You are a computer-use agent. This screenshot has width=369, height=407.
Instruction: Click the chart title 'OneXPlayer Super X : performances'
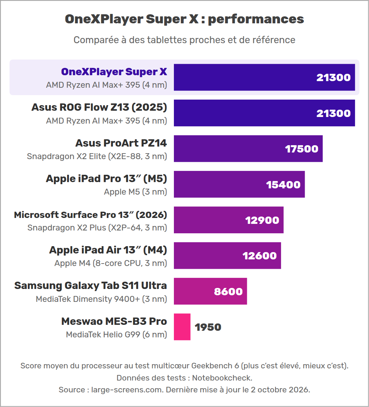(x=184, y=19)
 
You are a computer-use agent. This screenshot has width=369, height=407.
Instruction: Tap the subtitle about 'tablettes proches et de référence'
(x=184, y=40)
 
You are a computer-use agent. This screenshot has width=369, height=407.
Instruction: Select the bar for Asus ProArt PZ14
(x=248, y=148)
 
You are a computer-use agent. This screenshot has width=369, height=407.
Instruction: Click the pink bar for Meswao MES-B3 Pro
(x=182, y=327)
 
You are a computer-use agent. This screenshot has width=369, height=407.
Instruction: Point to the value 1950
(x=208, y=327)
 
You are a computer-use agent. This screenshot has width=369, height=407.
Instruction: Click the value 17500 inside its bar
(x=302, y=149)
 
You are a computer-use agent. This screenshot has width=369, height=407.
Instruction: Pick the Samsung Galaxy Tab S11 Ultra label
(x=90, y=285)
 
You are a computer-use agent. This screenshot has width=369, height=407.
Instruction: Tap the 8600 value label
(x=228, y=291)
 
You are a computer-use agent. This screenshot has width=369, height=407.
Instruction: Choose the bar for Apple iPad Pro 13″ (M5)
(x=239, y=184)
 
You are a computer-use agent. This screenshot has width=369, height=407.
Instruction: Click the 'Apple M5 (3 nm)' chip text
(x=135, y=192)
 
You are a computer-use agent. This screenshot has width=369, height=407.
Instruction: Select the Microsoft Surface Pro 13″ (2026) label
(x=90, y=215)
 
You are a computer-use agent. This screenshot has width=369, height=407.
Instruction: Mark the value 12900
(x=262, y=220)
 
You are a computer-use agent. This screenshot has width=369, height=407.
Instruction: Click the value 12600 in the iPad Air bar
(x=259, y=256)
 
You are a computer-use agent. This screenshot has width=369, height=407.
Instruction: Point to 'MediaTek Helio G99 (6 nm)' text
(x=117, y=335)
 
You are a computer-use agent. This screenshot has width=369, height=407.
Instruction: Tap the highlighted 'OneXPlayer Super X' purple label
(x=114, y=72)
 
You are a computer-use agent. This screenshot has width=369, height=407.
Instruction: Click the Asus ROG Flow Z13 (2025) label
(x=99, y=107)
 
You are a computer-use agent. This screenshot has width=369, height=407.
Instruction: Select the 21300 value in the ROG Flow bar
(x=334, y=113)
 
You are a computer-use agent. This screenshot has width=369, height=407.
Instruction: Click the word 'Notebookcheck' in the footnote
(x=222, y=378)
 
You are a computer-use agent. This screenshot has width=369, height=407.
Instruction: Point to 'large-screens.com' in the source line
(x=127, y=390)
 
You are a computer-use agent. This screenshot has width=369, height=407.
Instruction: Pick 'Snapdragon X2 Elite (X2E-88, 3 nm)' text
(x=97, y=156)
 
